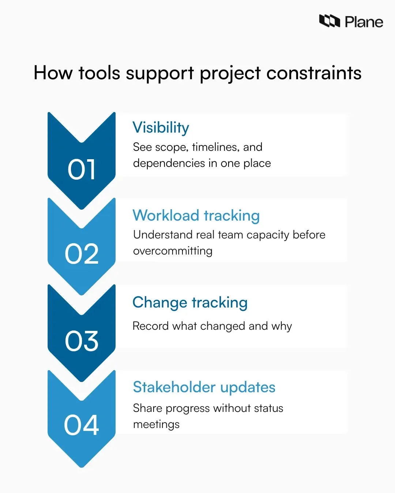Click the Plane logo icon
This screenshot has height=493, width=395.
pyautogui.click(x=329, y=21)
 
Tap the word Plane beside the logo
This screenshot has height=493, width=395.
pyautogui.click(x=364, y=22)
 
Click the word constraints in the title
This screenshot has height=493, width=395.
pyautogui.click(x=314, y=73)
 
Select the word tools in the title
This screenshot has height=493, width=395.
pyautogui.click(x=99, y=73)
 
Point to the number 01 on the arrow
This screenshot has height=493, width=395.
pyautogui.click(x=82, y=170)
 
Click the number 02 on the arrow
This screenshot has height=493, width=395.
pyautogui.click(x=82, y=254)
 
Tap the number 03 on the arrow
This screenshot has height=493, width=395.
pyautogui.click(x=82, y=341)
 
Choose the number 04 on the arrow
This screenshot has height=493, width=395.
pyautogui.click(x=82, y=425)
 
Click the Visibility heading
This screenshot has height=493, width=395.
pyautogui.click(x=161, y=128)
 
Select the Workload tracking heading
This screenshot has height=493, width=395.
pyautogui.click(x=196, y=215)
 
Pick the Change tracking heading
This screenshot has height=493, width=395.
pyautogui.click(x=190, y=303)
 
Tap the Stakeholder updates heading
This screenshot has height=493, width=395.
pyautogui.click(x=204, y=387)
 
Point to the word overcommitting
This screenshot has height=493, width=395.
pyautogui.click(x=173, y=251)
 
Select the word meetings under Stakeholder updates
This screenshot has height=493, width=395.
pyautogui.click(x=156, y=424)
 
